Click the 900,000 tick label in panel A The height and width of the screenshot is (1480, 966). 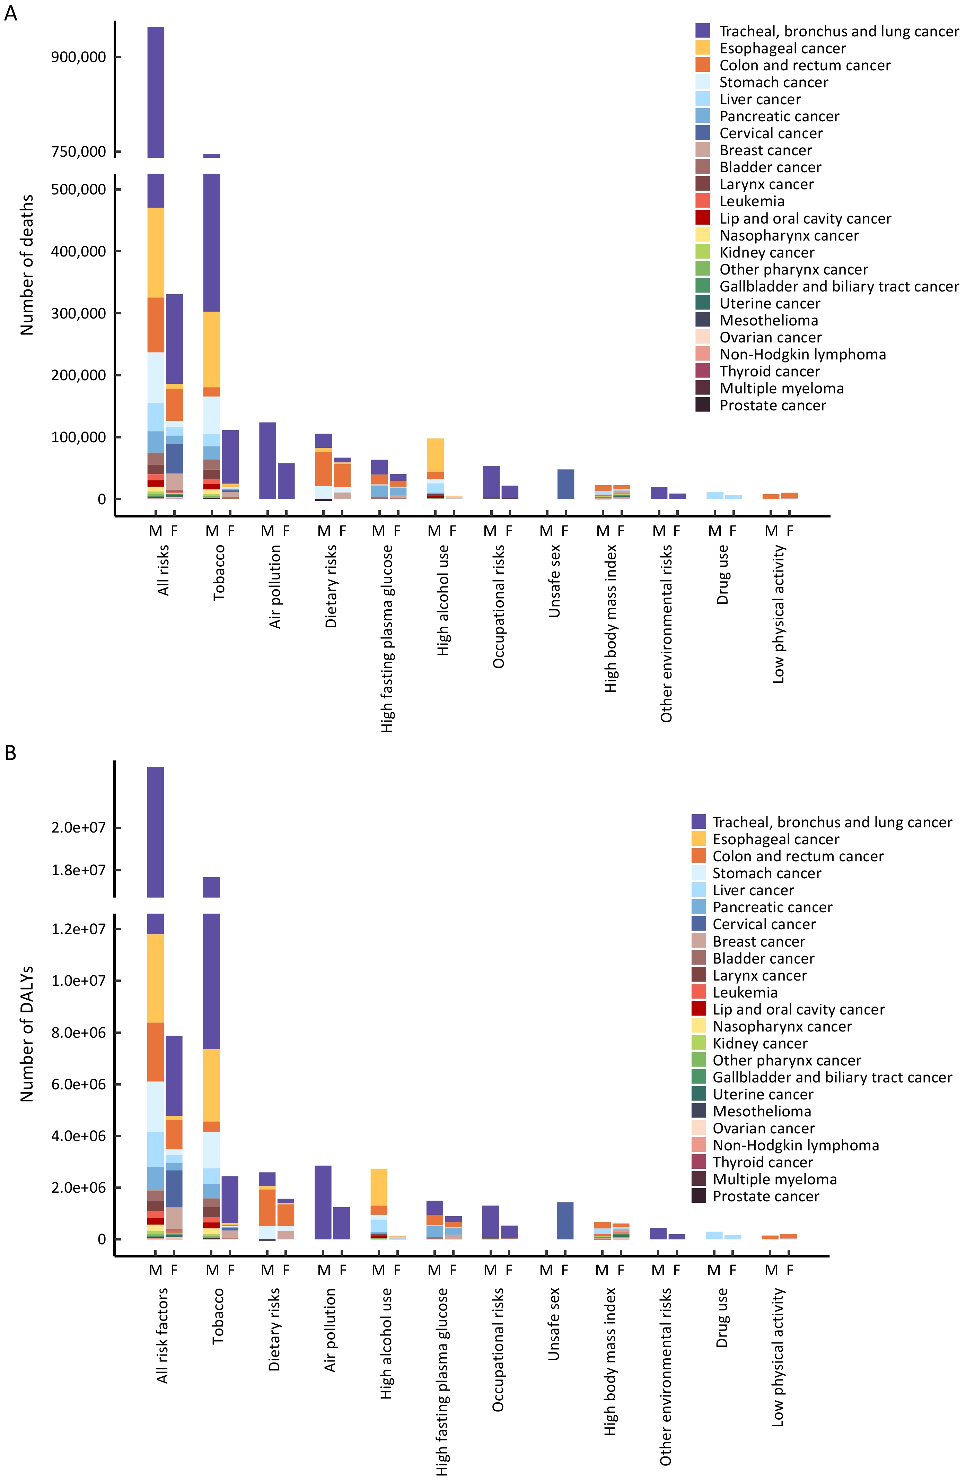coord(78,57)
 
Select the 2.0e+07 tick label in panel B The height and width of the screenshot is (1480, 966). coord(78,828)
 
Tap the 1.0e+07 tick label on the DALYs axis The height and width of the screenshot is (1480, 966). coord(78,981)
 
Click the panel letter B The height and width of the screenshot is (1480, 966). coord(10,753)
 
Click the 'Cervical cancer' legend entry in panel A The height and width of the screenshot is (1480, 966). coord(771,133)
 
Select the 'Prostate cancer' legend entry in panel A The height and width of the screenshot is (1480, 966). coord(773,406)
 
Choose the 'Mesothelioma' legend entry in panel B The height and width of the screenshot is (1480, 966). coord(762,1111)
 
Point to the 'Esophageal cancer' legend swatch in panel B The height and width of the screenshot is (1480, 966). coord(699,839)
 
